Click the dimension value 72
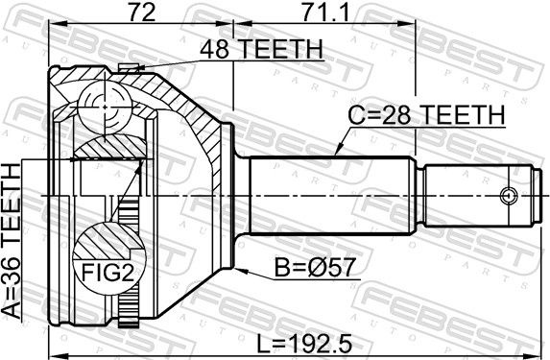(x=142, y=12)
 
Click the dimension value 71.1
(x=325, y=12)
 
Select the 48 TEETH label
(x=261, y=49)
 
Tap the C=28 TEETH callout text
(x=426, y=115)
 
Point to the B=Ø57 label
(x=315, y=268)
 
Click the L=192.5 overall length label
(x=304, y=344)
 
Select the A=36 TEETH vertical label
(x=12, y=241)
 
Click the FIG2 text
(x=108, y=273)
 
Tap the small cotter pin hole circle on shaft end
(x=508, y=195)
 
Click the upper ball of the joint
(x=106, y=106)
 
